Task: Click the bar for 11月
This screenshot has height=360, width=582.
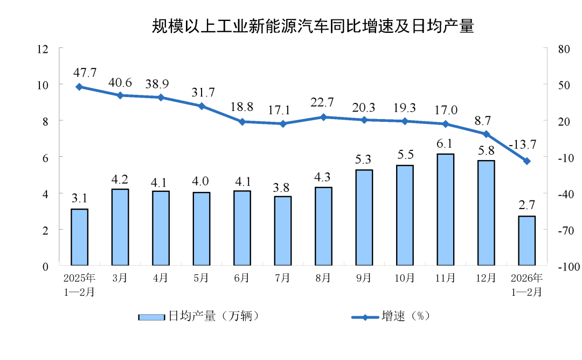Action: click(445, 210)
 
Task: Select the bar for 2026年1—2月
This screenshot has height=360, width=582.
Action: click(526, 241)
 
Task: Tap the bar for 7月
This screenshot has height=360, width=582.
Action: click(283, 231)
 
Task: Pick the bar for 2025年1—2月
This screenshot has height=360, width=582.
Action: click(79, 237)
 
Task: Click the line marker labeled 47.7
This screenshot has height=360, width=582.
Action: click(79, 87)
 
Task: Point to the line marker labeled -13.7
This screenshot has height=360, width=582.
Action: click(526, 161)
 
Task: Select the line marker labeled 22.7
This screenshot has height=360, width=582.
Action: click(323, 117)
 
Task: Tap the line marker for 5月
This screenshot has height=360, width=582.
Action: click(202, 106)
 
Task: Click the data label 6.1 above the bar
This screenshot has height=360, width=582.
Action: click(445, 143)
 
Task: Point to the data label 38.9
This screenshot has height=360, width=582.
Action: click(161, 84)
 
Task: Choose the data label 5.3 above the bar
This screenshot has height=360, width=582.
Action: click(364, 160)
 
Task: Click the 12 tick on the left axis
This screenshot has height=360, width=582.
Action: click(43, 49)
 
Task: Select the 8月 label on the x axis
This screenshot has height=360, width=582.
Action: click(323, 278)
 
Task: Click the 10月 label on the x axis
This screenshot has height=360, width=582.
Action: click(405, 278)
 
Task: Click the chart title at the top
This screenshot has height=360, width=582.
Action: click(313, 26)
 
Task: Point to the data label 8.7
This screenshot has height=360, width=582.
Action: click(486, 121)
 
